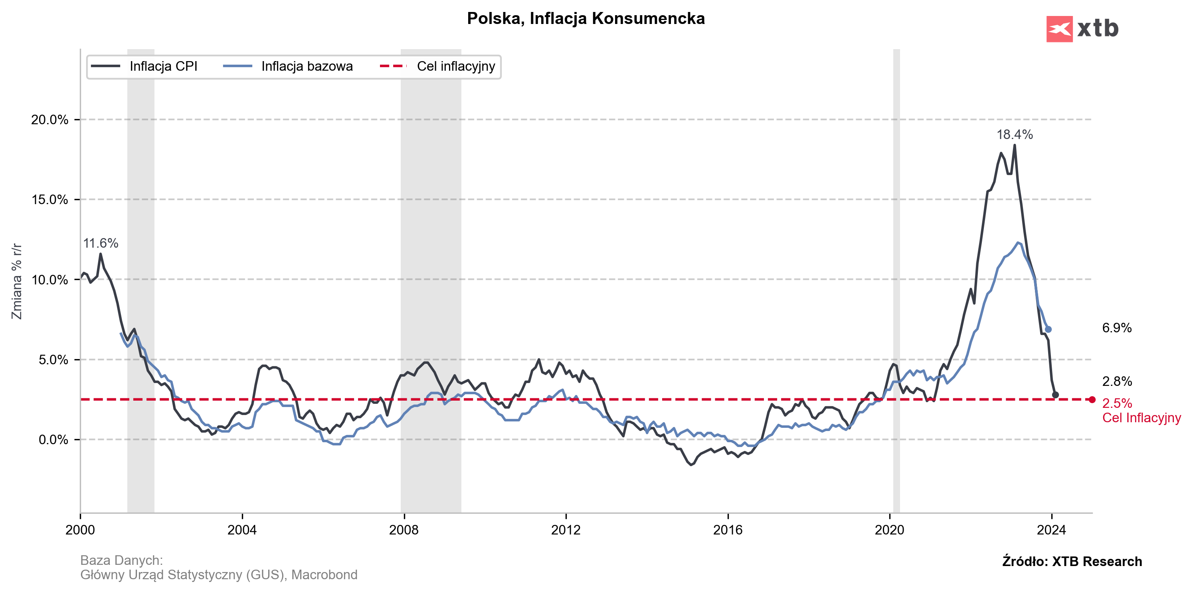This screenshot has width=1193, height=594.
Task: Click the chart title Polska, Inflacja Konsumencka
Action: pos(586,18)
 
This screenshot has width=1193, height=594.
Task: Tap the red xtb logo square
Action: pos(1059,29)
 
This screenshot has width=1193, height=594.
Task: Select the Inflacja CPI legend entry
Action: pos(163,66)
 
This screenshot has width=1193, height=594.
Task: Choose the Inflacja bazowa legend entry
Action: pos(307,66)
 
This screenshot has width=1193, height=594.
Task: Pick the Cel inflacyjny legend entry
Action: pos(456,66)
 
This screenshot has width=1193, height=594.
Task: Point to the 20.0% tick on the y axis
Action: pos(49,119)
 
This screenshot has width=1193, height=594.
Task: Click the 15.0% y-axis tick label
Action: pos(49,200)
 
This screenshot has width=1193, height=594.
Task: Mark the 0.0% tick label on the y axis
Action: pos(53,440)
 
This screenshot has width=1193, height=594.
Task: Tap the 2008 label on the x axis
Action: pos(404,530)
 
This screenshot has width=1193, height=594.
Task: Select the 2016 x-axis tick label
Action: pos(728,530)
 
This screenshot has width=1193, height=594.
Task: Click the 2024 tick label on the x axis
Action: pos(1051,530)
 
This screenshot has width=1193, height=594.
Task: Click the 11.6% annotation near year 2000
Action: pos(101,243)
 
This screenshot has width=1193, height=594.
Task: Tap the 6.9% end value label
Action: pos(1117,328)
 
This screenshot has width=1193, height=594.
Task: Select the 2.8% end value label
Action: pos(1117,381)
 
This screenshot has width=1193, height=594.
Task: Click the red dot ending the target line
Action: pos(1092,400)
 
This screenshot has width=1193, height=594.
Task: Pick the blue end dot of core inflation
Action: pos(1048,330)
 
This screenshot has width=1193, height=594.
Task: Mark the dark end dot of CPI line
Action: pos(1055,395)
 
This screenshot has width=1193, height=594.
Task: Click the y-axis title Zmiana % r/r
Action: pos(17,281)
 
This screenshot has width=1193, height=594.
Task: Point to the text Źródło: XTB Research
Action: pos(1072,562)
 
